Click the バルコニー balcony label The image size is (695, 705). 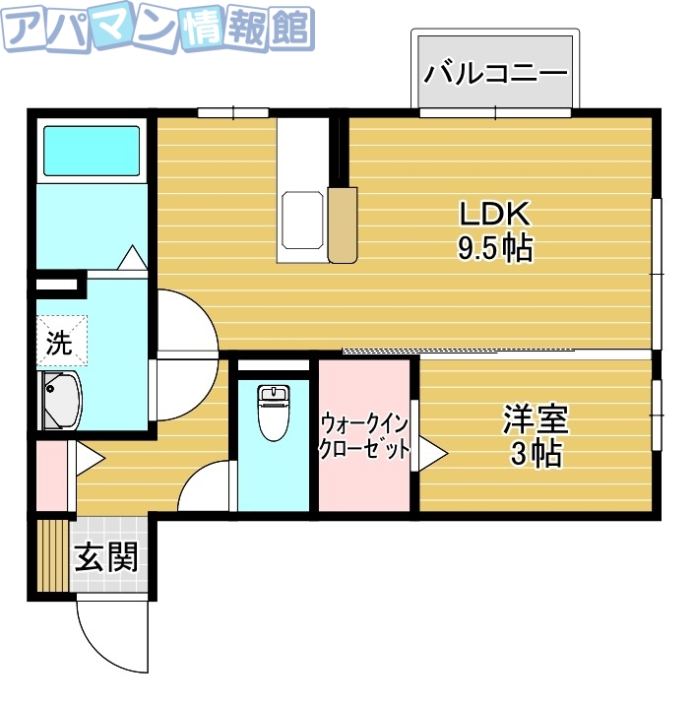tap(495, 73)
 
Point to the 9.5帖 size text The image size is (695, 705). tap(495, 248)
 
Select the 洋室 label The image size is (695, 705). tap(536, 420)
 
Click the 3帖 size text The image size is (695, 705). tap(537, 454)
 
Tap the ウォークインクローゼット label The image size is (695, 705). tap(364, 436)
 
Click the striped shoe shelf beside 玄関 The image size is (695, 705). tap(49, 555)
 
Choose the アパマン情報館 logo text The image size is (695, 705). tap(158, 32)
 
